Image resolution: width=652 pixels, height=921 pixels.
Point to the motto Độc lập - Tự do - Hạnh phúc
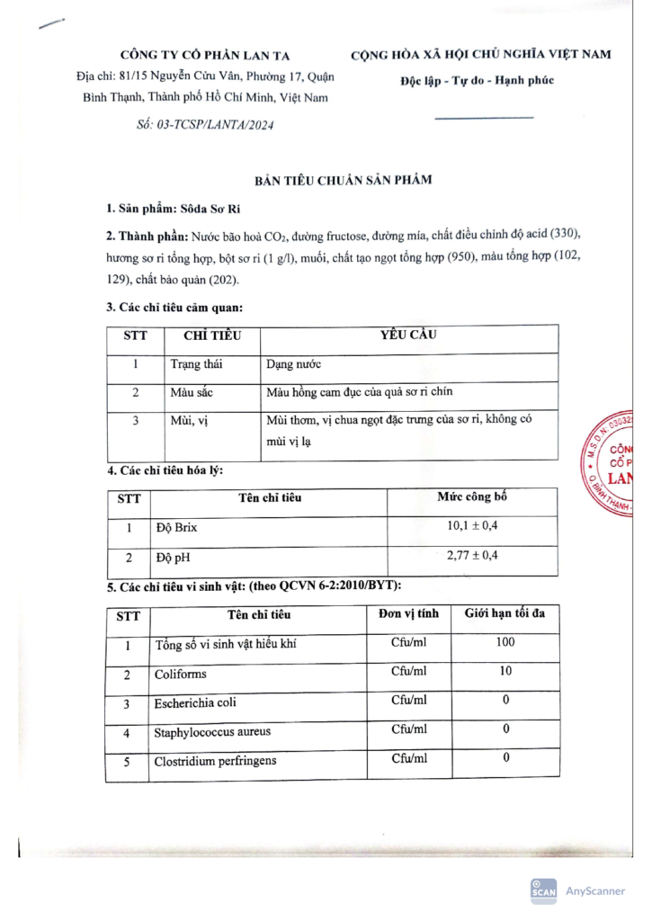coord(477,81)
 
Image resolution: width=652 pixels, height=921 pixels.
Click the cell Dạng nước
coord(294,366)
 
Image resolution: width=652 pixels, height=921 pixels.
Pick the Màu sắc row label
coord(191,394)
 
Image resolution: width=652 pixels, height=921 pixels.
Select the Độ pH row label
coord(174,558)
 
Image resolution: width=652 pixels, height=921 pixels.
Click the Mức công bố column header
coord(472,496)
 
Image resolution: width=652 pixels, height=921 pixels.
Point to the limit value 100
coord(505,643)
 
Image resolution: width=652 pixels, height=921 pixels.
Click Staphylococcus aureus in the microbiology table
coord(212,731)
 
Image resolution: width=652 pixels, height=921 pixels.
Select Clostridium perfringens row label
coord(215,760)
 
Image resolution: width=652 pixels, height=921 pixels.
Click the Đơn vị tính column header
coord(409,614)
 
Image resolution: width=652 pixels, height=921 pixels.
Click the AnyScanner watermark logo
coord(578,890)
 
